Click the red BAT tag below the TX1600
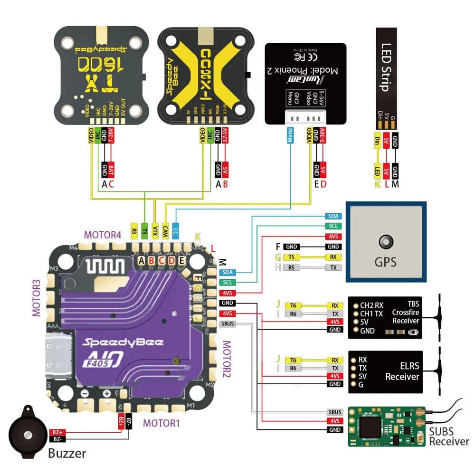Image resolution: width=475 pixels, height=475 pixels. pos(111,169)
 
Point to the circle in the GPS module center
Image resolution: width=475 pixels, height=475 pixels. pos(386,242)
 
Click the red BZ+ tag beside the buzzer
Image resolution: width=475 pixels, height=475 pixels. pos(57,432)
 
